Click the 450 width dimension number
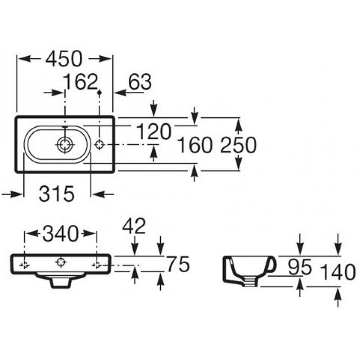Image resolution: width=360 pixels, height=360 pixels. (x=63, y=59)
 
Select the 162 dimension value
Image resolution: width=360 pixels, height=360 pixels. (x=80, y=82)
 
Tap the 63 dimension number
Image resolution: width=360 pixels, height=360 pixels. (x=140, y=82)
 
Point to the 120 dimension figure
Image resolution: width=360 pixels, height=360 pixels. (x=153, y=131)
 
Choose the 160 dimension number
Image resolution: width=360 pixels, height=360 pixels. (x=195, y=144)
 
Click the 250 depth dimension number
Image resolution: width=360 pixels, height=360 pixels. (x=238, y=144)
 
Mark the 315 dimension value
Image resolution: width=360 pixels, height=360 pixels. (x=57, y=193)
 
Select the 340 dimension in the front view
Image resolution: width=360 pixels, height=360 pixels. (x=60, y=234)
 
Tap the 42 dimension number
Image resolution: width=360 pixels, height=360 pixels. (x=134, y=225)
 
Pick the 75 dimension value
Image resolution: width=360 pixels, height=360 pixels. (x=178, y=264)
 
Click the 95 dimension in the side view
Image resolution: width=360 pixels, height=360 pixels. (x=300, y=267)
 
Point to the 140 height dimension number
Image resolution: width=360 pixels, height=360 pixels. (x=338, y=272)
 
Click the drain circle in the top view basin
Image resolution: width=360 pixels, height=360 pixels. (x=65, y=144)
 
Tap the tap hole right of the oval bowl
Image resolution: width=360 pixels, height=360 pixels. (x=99, y=144)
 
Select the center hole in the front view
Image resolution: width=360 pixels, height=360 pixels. (x=61, y=262)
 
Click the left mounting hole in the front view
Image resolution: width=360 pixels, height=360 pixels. (x=24, y=265)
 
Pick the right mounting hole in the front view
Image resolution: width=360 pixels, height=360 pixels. (x=97, y=265)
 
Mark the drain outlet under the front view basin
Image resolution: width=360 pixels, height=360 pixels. (x=60, y=283)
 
